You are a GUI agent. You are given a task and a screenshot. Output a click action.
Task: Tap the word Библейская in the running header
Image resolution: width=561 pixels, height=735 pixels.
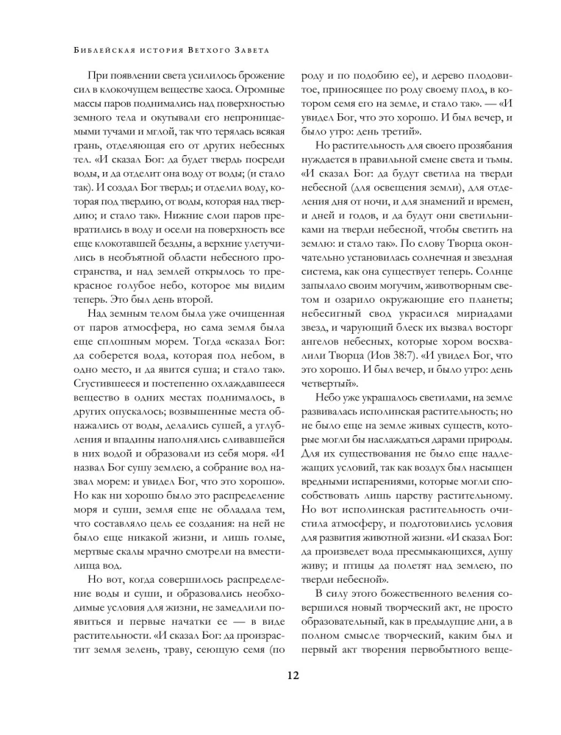point(101,51)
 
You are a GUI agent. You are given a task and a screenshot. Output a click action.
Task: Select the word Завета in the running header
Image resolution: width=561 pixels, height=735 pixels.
point(246,51)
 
